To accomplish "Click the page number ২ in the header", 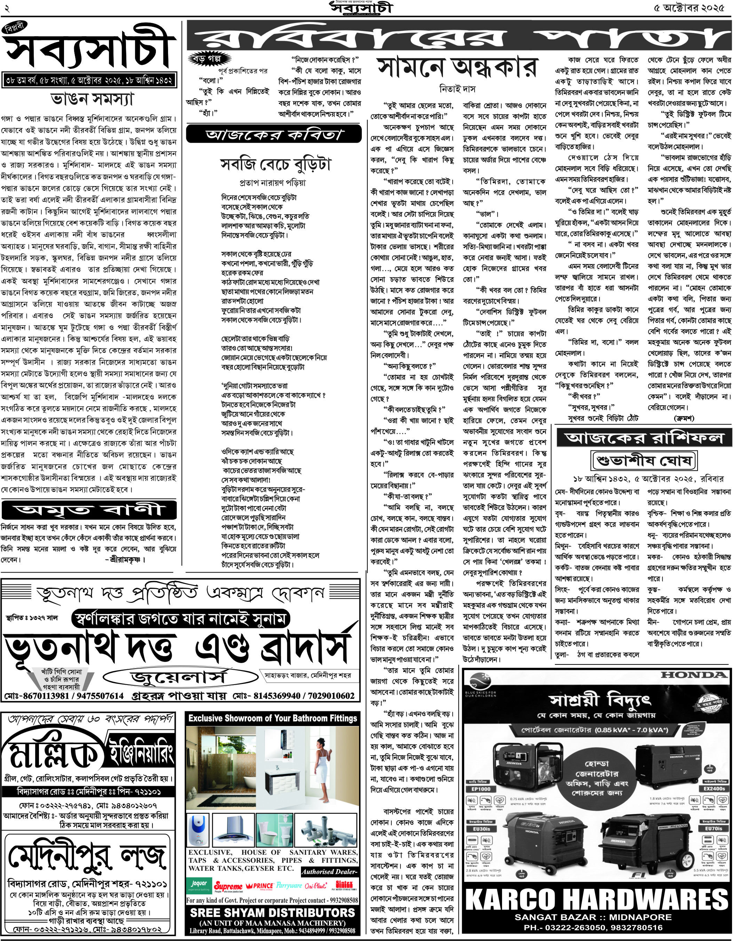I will coord(7,8).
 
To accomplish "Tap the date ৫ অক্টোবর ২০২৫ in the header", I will coord(689,8).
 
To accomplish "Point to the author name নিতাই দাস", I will coord(457,89).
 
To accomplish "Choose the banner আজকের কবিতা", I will coord(274,135).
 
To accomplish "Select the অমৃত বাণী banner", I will coord(89,510).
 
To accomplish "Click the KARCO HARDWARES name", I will coord(597,900).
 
